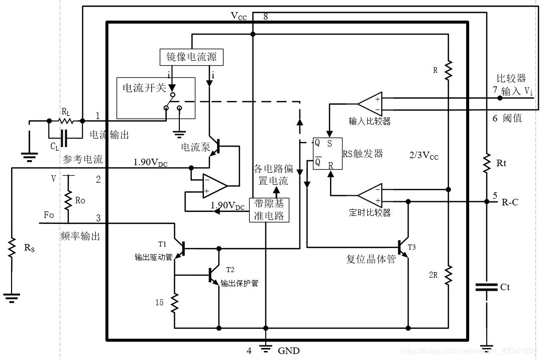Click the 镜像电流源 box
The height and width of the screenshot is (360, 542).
[x=191, y=57]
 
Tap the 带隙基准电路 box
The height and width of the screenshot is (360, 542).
[x=269, y=210]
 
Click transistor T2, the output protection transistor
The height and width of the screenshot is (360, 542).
[x=215, y=275]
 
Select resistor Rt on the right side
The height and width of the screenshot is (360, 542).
[x=486, y=163]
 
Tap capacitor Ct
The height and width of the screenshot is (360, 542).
[x=486, y=288]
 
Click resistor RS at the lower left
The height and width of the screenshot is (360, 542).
[x=11, y=249]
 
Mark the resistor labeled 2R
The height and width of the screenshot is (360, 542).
[x=448, y=275]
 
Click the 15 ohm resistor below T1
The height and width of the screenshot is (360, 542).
[x=175, y=303]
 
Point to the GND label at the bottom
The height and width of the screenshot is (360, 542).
[x=288, y=351]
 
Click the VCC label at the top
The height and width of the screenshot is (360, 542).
[x=239, y=16]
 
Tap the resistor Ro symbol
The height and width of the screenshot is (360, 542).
[x=67, y=200]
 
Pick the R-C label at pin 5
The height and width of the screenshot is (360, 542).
[x=510, y=202]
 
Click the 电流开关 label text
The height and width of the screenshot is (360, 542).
[x=144, y=88]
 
